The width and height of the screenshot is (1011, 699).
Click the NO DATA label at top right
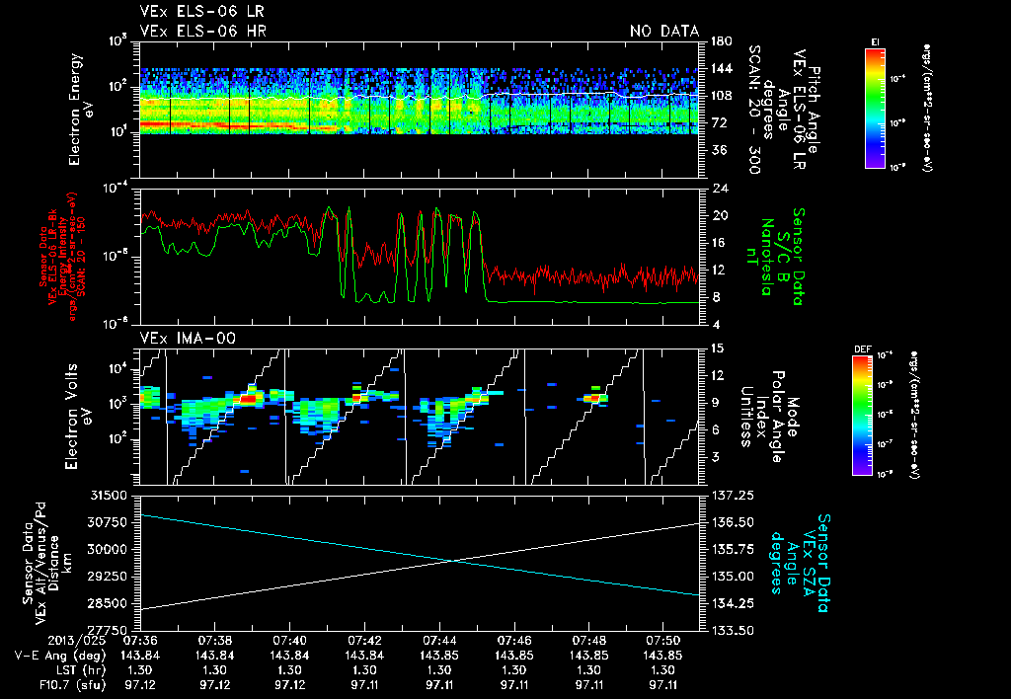(x=663, y=31)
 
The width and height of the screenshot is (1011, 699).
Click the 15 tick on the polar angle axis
(x=718, y=349)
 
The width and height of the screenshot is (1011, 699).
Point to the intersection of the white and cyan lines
(x=453, y=560)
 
